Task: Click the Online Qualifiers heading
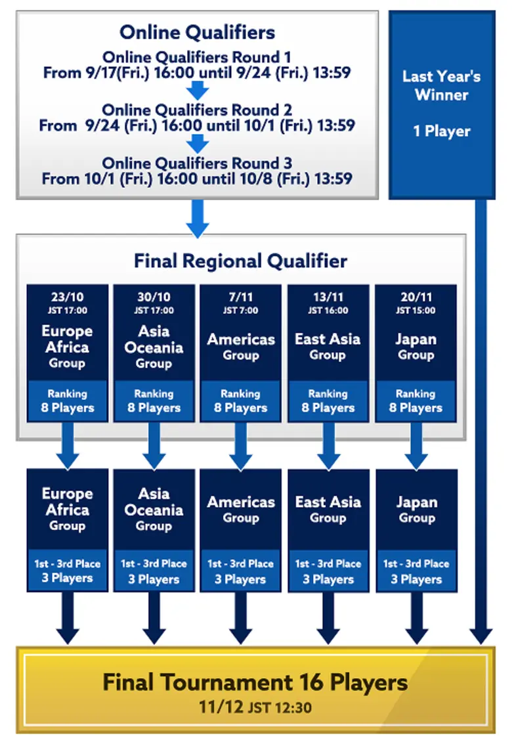[x=197, y=32]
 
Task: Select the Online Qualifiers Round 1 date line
[x=197, y=72]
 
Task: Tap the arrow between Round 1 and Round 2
[x=197, y=90]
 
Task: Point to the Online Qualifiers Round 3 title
[x=197, y=163]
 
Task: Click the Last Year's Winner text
[x=442, y=85]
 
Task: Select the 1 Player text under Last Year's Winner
[x=442, y=131]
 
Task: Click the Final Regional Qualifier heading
[x=240, y=261]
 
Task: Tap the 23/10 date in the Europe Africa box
[x=67, y=297]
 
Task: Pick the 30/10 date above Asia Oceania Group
[x=154, y=297]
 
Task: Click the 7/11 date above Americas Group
[x=240, y=297]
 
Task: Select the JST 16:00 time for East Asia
[x=328, y=311]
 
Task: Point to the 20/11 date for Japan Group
[x=416, y=297]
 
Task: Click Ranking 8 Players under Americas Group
[x=240, y=401]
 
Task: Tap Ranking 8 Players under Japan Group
[x=416, y=401]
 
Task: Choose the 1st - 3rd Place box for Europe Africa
[x=67, y=570]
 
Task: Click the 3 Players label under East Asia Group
[x=328, y=579]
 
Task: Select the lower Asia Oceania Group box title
[x=154, y=509]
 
